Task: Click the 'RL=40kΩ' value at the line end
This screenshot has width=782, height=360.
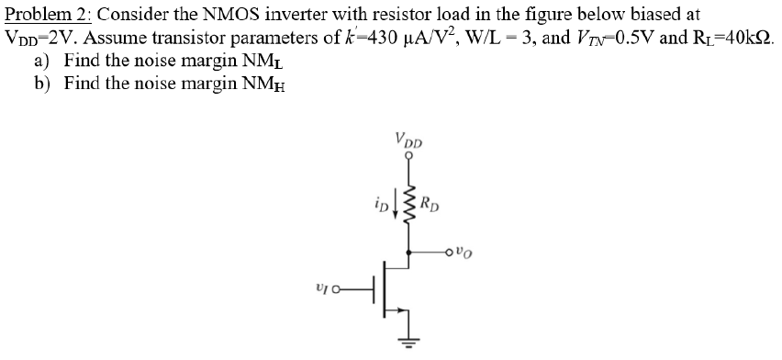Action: (x=732, y=39)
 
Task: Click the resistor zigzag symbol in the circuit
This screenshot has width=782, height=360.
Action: (x=409, y=205)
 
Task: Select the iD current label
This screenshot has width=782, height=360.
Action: (x=380, y=196)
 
